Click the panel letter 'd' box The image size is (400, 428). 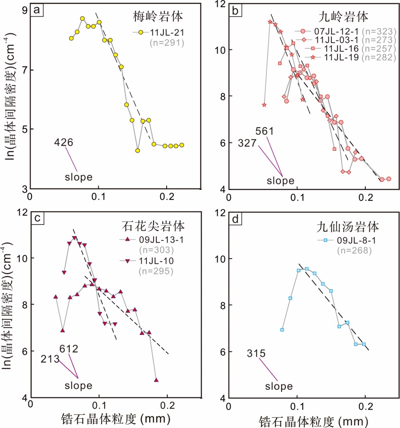(x=236, y=219)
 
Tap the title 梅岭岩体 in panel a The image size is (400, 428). (x=158, y=16)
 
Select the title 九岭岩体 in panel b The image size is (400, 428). (x=343, y=17)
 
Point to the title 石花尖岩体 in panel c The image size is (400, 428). (x=153, y=226)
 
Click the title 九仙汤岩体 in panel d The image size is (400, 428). (x=347, y=227)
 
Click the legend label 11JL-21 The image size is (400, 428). (x=167, y=33)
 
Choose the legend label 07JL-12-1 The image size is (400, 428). (x=336, y=32)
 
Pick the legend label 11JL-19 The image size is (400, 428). (x=341, y=57)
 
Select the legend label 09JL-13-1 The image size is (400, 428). (x=162, y=240)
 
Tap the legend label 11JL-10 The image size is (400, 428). (x=156, y=261)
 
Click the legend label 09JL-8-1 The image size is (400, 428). (x=356, y=240)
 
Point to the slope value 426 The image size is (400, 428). (x=63, y=142)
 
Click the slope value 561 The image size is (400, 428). (x=264, y=131)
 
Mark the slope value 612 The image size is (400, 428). (x=69, y=349)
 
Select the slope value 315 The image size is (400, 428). (x=256, y=354)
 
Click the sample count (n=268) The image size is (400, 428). (x=354, y=250)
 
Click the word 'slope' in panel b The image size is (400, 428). (x=280, y=181)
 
